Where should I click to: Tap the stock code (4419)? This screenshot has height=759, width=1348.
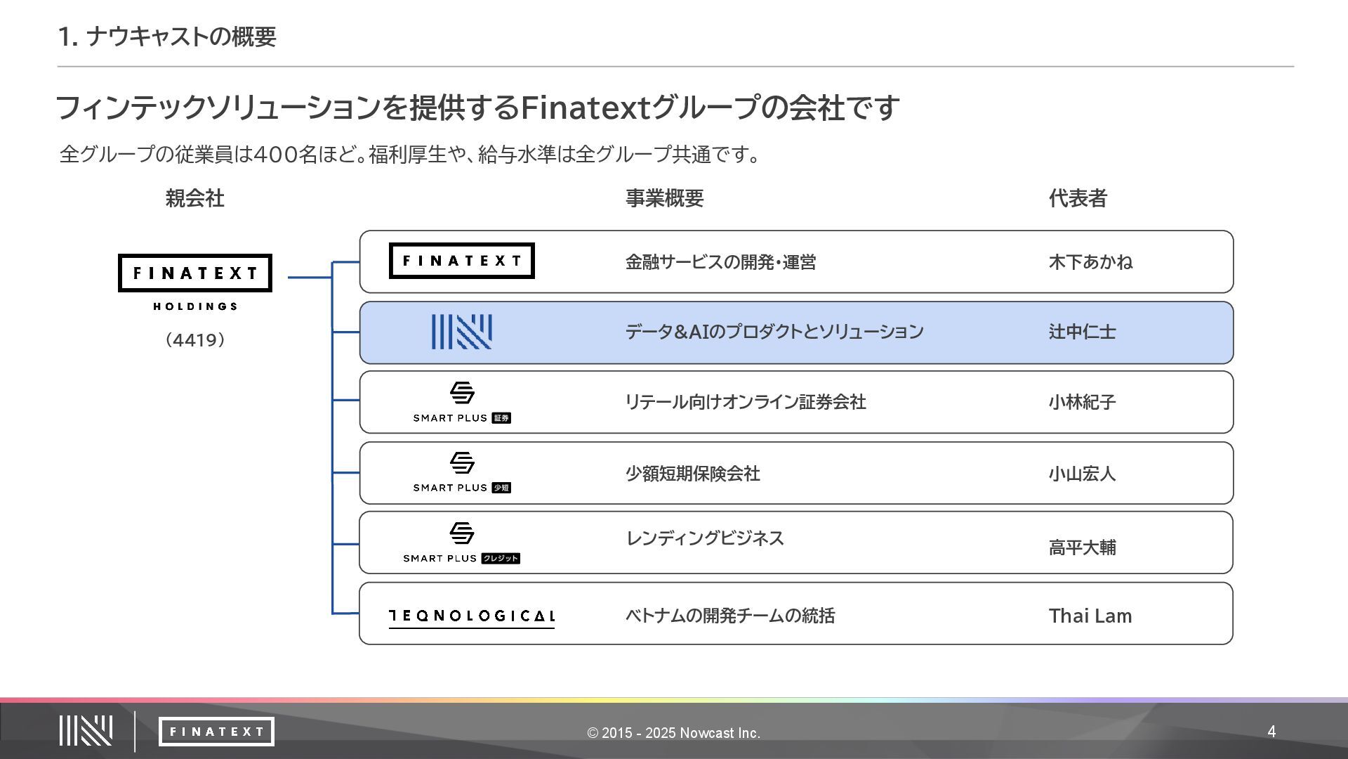pyautogui.click(x=194, y=340)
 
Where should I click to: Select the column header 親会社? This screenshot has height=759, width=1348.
pyautogui.click(x=194, y=198)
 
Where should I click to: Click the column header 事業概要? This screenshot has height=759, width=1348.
pyautogui.click(x=664, y=198)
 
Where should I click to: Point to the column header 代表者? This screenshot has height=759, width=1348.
pyautogui.click(x=1078, y=198)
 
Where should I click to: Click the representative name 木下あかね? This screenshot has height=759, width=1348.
pyautogui.click(x=1090, y=262)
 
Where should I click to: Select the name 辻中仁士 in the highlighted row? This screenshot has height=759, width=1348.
pyautogui.click(x=1082, y=332)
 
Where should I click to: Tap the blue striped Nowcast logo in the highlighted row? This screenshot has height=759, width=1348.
pyautogui.click(x=461, y=332)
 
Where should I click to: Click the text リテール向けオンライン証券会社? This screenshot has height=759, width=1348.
pyautogui.click(x=745, y=402)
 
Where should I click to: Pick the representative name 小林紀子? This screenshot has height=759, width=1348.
pyautogui.click(x=1082, y=402)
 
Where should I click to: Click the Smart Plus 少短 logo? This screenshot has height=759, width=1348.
pyautogui.click(x=461, y=472)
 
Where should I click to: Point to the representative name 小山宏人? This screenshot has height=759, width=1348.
pyautogui.click(x=1082, y=474)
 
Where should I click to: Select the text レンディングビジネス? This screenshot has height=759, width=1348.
pyautogui.click(x=704, y=538)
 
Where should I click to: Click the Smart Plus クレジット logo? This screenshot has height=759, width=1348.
pyautogui.click(x=461, y=543)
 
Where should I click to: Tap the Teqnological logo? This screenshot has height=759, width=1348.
pyautogui.click(x=472, y=616)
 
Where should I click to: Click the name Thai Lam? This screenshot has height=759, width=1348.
pyautogui.click(x=1090, y=616)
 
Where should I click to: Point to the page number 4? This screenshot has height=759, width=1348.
pyautogui.click(x=1271, y=732)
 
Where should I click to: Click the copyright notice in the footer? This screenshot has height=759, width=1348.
pyautogui.click(x=673, y=733)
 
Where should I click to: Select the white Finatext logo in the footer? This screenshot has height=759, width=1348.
pyautogui.click(x=216, y=732)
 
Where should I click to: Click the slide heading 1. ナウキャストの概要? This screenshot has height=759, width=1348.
pyautogui.click(x=167, y=37)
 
